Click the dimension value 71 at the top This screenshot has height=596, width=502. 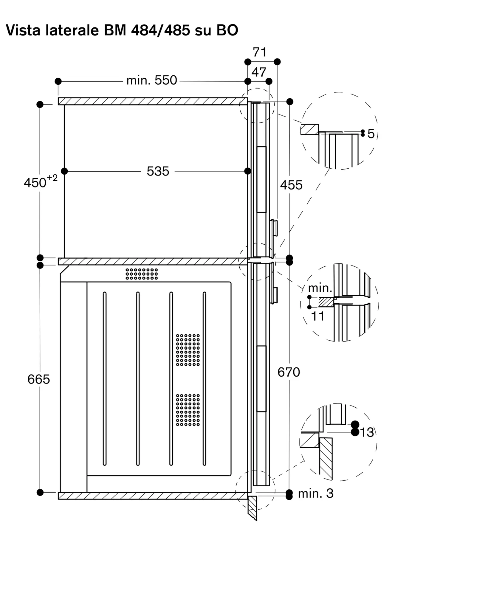(260, 52)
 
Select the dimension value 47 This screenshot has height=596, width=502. (259, 72)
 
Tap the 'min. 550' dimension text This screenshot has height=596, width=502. (152, 80)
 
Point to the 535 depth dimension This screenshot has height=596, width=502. (158, 171)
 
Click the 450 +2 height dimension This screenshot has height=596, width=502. (41, 181)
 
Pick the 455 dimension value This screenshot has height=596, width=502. (291, 185)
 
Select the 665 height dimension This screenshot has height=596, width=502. (38, 379)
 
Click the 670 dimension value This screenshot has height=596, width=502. (289, 372)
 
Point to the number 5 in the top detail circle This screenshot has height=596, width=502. (371, 134)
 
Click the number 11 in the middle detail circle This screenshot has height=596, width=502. (318, 316)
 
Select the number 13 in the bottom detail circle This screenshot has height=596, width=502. (367, 432)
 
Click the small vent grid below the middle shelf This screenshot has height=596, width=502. (142, 274)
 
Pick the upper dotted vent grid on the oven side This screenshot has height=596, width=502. (188, 350)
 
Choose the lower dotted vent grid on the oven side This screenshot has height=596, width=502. (188, 410)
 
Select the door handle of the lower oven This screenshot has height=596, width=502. (274, 295)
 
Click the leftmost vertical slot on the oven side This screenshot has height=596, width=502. (105, 378)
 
